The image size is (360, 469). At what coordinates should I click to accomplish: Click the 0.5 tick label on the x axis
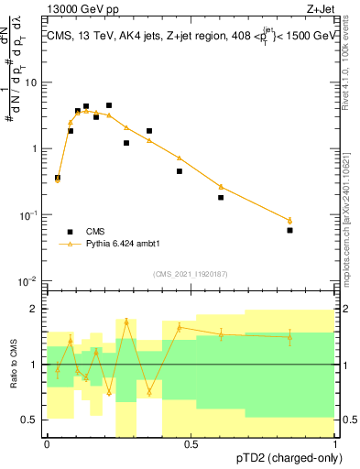(191, 443)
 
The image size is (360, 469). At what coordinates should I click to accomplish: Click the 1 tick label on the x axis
(334, 443)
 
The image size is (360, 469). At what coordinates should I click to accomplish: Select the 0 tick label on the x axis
(47, 443)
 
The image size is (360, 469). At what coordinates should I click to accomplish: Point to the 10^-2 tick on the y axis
(29, 280)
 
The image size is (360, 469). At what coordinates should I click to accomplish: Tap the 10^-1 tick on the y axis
(29, 214)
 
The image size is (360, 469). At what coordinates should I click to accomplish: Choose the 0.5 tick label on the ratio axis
(31, 420)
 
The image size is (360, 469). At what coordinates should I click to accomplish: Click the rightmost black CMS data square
(289, 230)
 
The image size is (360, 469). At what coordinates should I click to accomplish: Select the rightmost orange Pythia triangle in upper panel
(289, 220)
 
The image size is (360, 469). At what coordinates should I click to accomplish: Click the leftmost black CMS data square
(58, 178)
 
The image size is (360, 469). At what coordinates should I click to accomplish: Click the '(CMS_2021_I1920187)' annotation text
(190, 274)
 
